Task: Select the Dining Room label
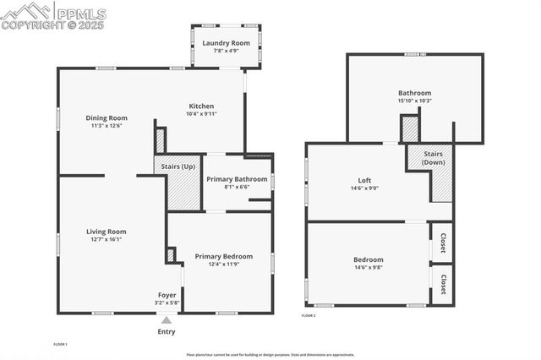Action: pyautogui.click(x=107, y=117)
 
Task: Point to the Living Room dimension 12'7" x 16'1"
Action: pyautogui.click(x=107, y=239)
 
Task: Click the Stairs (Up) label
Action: pyautogui.click(x=177, y=166)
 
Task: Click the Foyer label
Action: pyautogui.click(x=167, y=295)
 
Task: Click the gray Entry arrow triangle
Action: pyautogui.click(x=167, y=320)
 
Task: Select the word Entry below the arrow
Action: pyautogui.click(x=167, y=331)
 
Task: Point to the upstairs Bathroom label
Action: pyautogui.click(x=415, y=93)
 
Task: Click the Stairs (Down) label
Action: pyautogui.click(x=434, y=158)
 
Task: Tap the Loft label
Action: pyautogui.click(x=364, y=180)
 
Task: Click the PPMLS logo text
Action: pyautogui.click(x=80, y=14)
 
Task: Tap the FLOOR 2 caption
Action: pyautogui.click(x=309, y=315)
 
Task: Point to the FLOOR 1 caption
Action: pyautogui.click(x=60, y=344)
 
